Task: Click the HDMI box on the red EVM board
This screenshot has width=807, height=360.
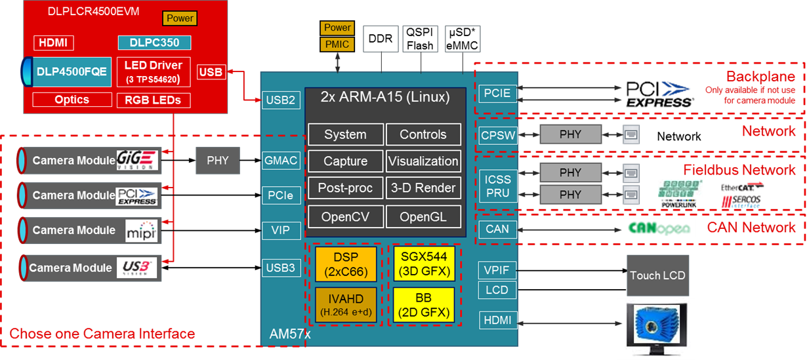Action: [54, 43]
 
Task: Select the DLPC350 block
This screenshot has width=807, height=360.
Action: [154, 43]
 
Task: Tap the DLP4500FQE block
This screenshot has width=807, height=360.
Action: [72, 72]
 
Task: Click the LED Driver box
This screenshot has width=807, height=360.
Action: [154, 72]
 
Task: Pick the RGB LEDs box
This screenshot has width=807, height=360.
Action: [154, 100]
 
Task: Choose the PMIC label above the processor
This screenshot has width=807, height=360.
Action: [337, 45]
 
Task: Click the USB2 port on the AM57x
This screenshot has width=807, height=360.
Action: [281, 100]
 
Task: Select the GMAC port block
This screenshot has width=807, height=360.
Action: [281, 160]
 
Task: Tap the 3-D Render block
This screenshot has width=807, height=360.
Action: [423, 188]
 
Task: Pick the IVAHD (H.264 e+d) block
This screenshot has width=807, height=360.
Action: [346, 304]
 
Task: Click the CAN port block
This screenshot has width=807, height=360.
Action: [497, 230]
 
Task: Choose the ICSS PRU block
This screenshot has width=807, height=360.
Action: [497, 186]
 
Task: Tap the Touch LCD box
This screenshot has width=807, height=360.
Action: [657, 275]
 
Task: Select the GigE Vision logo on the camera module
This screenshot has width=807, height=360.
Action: [136, 159]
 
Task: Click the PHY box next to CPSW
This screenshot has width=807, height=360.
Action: [570, 135]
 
